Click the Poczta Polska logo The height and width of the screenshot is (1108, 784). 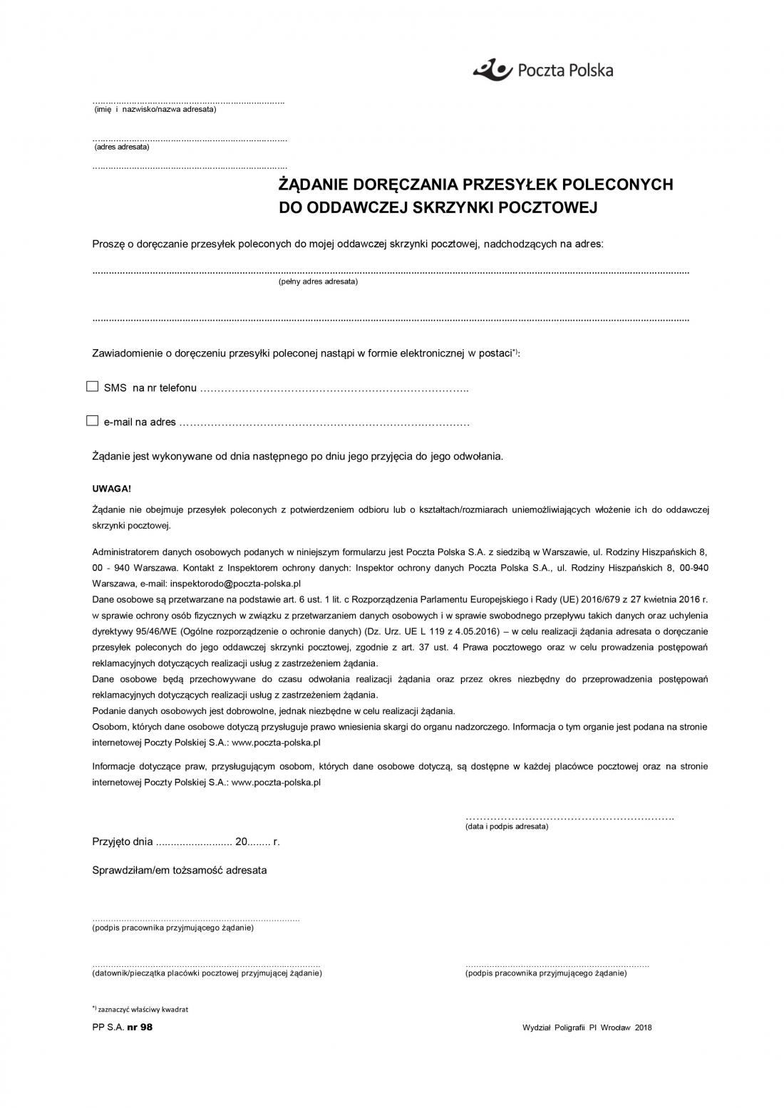(542, 69)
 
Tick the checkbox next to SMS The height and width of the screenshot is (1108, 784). (92, 387)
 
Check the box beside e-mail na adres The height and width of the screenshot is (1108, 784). (92, 421)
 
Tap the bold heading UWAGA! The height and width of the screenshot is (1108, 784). (111, 489)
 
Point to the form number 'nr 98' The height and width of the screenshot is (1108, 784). (140, 1027)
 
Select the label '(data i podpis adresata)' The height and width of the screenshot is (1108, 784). (507, 827)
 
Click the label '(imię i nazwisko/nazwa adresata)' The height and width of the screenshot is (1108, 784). (155, 109)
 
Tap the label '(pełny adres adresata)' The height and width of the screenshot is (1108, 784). (318, 281)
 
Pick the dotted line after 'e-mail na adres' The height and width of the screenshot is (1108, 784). (324, 423)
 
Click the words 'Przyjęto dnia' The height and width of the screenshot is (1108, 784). (123, 842)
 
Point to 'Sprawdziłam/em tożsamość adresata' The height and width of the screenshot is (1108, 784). (180, 870)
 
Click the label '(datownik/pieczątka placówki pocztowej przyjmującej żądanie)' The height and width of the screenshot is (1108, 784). (207, 973)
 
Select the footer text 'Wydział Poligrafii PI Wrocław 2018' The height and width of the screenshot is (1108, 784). (587, 1027)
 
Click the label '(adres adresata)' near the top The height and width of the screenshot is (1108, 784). (122, 147)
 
